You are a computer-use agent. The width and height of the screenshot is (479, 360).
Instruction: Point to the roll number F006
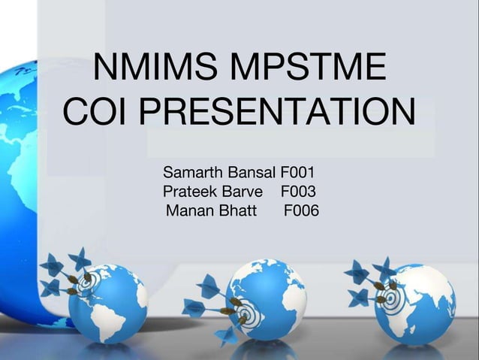(301, 211)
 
